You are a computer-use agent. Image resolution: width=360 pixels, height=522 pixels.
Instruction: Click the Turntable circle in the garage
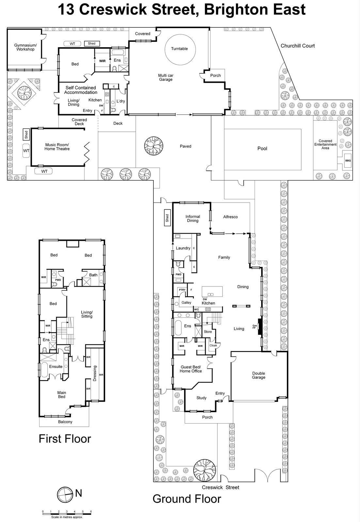[179, 49]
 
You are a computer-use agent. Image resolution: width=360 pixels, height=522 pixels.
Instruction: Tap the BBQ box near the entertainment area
[348, 161]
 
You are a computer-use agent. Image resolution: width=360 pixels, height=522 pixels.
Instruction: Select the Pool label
[262, 148]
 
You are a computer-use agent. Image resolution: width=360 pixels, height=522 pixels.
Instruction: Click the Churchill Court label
[298, 46]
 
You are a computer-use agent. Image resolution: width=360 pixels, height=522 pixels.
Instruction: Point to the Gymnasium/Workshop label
[25, 47]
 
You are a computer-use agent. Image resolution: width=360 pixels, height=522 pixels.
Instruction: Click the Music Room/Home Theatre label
[57, 147]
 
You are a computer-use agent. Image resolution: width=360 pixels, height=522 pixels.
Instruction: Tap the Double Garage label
[258, 375]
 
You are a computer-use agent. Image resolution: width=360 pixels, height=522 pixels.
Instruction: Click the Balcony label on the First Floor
[65, 422]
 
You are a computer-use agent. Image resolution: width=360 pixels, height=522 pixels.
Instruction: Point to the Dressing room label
[95, 373]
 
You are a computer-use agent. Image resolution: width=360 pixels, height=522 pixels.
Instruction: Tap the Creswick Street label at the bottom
[220, 487]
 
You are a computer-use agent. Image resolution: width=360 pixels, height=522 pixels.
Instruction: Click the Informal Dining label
[193, 219]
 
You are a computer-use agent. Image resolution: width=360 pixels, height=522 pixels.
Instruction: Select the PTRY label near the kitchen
[182, 290]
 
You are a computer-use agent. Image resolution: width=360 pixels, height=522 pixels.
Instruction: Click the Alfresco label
[230, 217]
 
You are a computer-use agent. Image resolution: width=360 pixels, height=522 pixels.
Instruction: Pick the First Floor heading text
[65, 439]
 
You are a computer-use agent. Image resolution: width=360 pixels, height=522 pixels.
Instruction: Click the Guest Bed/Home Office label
[191, 369]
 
